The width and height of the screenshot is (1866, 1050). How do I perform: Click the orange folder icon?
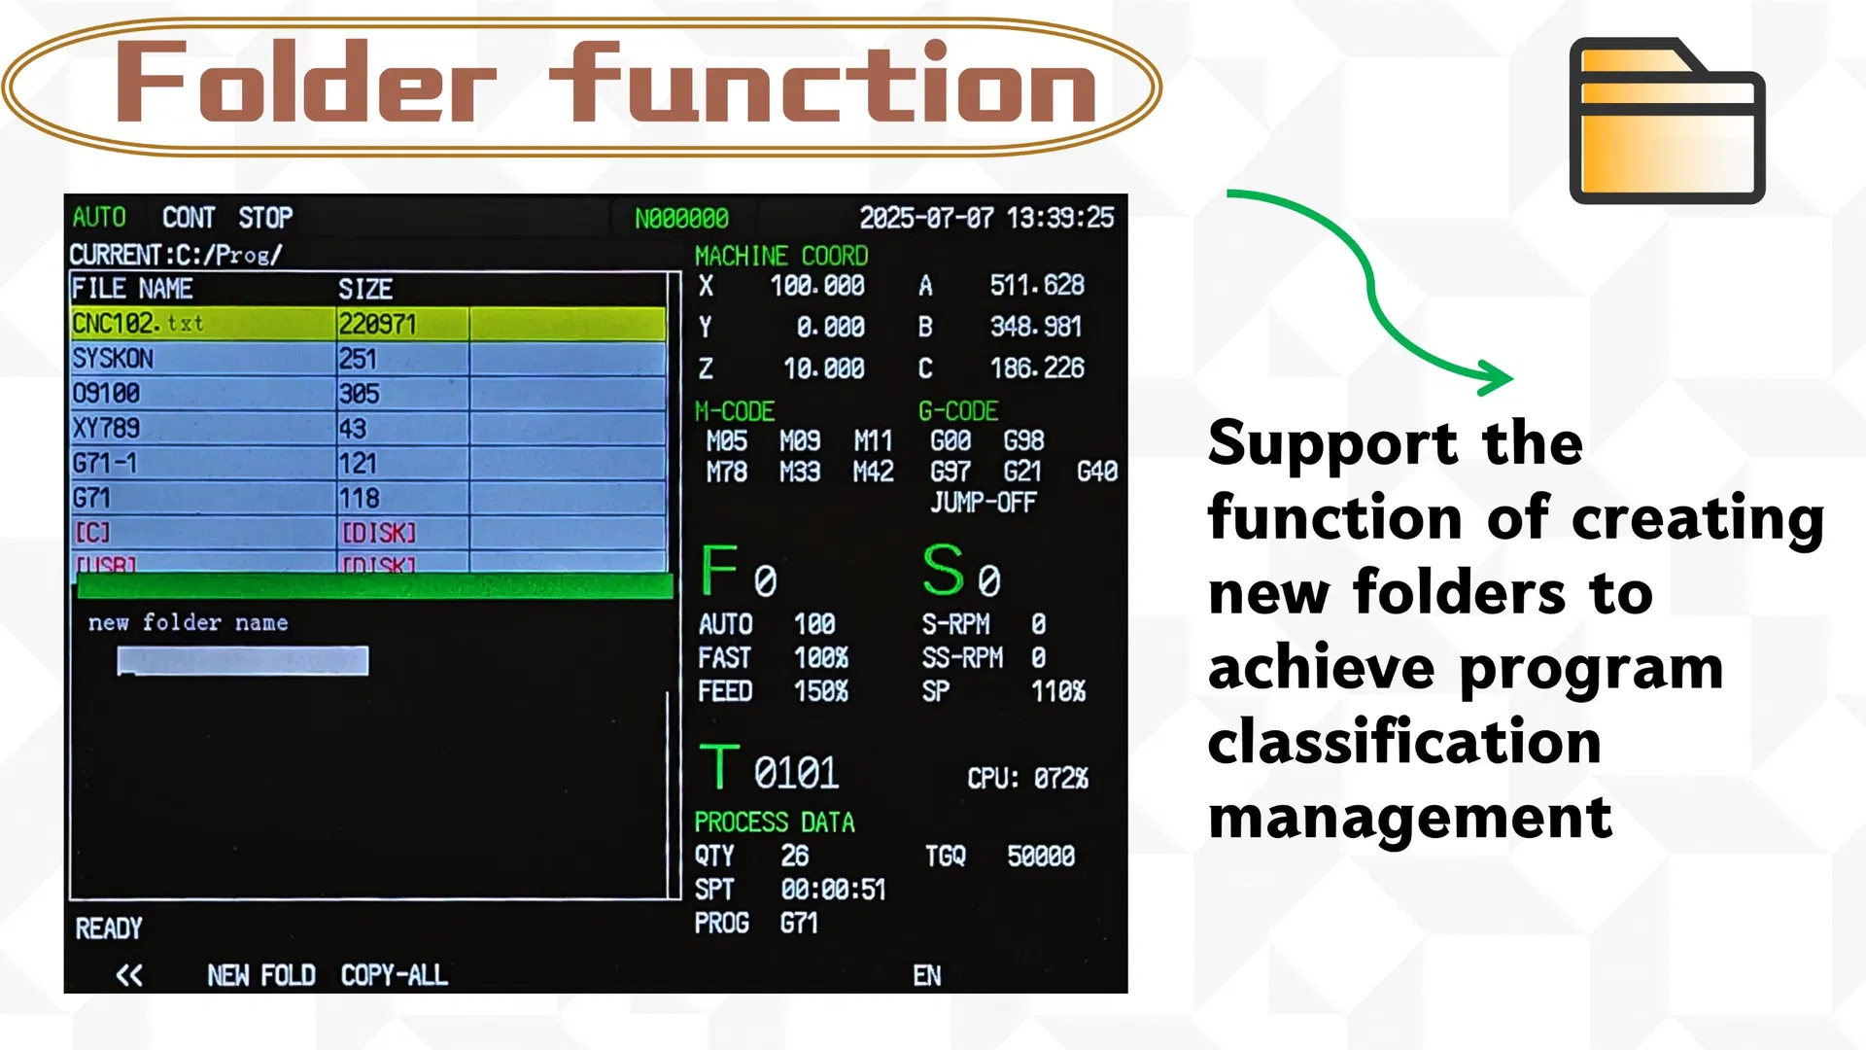pyautogui.click(x=1666, y=121)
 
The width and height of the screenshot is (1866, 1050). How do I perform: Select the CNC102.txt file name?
pyautogui.click(x=138, y=323)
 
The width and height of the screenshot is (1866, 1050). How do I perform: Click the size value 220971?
pyautogui.click(x=377, y=324)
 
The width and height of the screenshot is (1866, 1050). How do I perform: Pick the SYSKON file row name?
pyautogui.click(x=113, y=359)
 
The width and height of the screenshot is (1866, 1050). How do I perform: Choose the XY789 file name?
pyautogui.click(x=106, y=428)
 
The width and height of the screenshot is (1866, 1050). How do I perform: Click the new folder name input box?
pyautogui.click(x=242, y=660)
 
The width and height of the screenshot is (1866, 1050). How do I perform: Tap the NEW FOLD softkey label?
pyautogui.click(x=260, y=975)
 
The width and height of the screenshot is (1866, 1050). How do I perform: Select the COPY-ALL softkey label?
pyautogui.click(x=394, y=975)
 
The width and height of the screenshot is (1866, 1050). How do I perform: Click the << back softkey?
pyautogui.click(x=128, y=975)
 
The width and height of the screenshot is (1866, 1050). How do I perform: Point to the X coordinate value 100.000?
pyautogui.click(x=816, y=286)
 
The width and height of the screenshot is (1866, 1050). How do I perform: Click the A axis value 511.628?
pyautogui.click(x=1036, y=286)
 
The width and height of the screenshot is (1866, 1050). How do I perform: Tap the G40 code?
pyautogui.click(x=1096, y=472)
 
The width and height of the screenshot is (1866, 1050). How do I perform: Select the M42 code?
pyautogui.click(x=873, y=472)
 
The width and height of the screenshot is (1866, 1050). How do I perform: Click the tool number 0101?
pyautogui.click(x=795, y=773)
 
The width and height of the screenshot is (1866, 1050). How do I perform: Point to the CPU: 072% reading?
pyautogui.click(x=1026, y=778)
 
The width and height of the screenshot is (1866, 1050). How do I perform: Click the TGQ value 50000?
pyautogui.click(x=1040, y=856)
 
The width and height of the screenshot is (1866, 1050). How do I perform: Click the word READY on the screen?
pyautogui.click(x=109, y=928)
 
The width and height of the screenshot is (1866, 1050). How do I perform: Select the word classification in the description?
pyautogui.click(x=1403, y=743)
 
